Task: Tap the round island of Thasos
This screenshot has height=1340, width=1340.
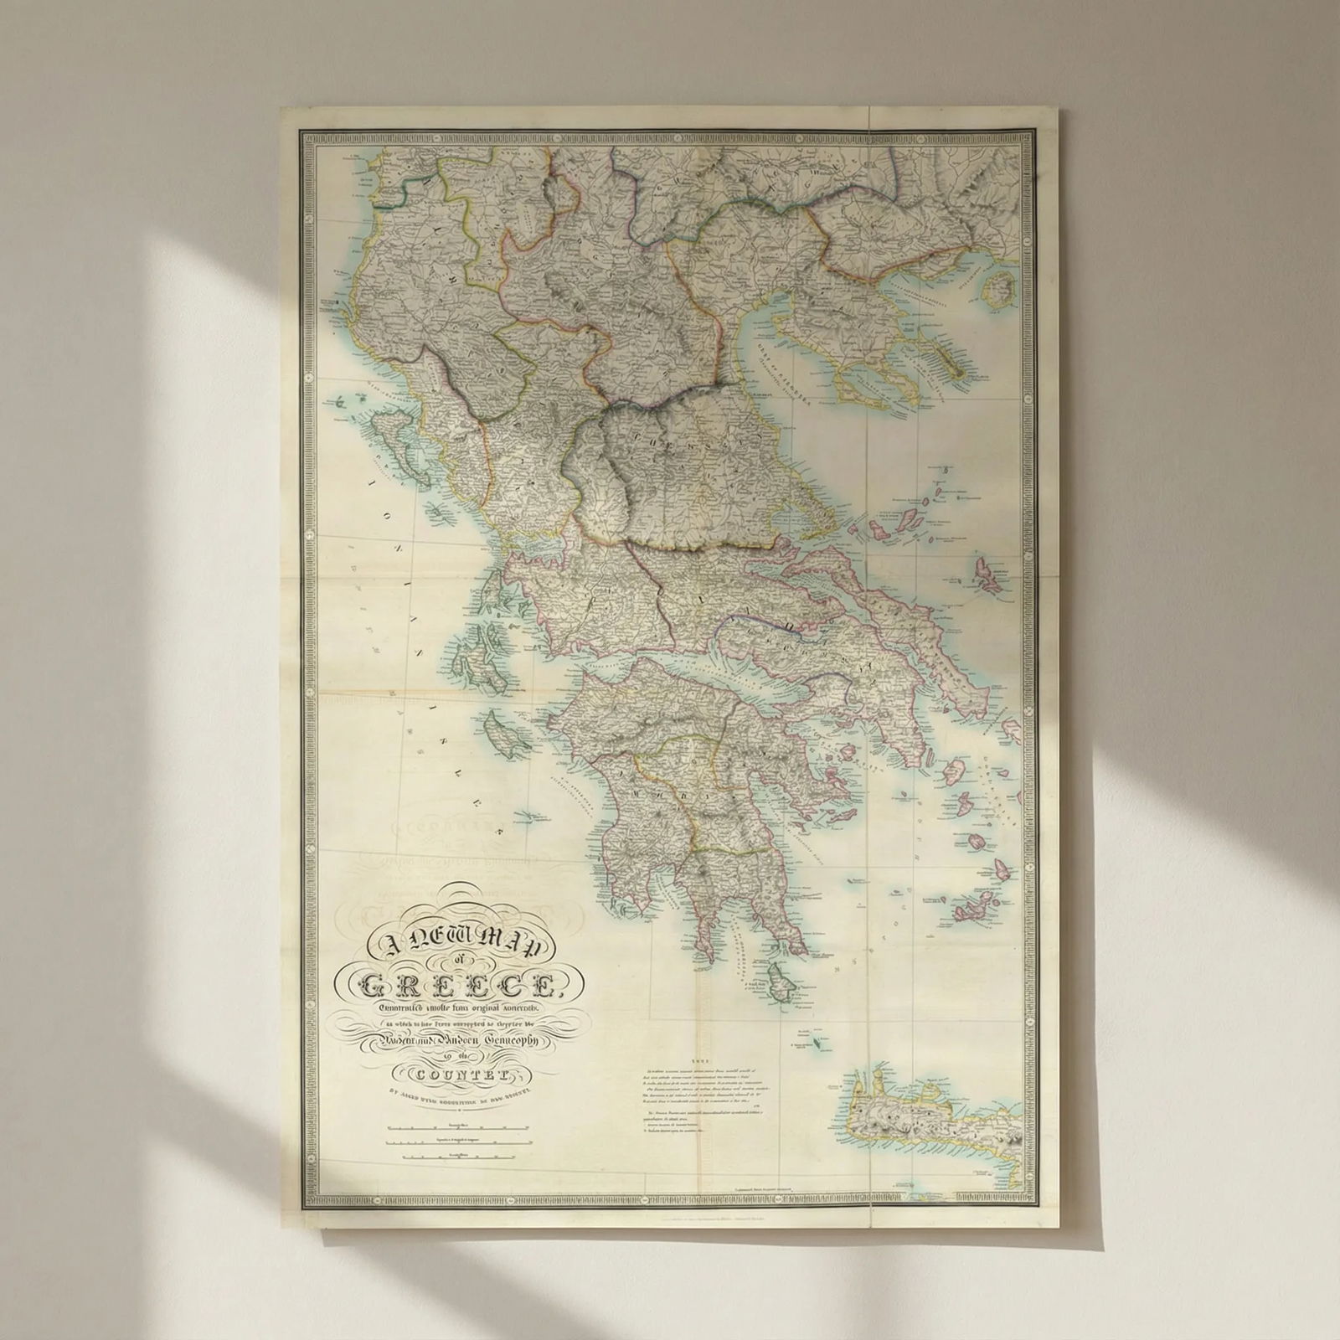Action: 999,291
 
